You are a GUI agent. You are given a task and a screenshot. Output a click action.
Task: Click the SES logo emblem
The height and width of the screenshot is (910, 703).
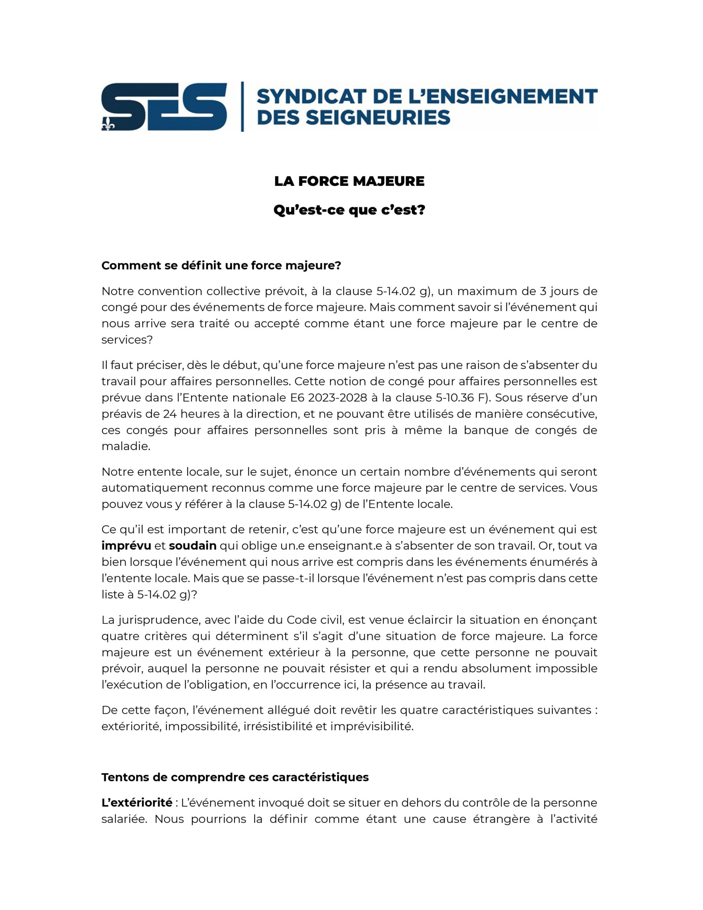(164, 107)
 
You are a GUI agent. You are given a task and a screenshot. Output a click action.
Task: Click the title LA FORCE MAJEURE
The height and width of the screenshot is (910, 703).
(349, 181)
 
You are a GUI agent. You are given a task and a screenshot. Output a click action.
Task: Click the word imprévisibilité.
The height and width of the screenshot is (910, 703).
(372, 726)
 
